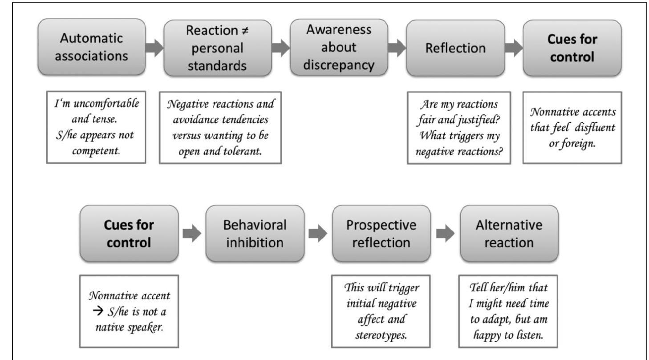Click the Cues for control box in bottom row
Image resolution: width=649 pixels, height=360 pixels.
129,234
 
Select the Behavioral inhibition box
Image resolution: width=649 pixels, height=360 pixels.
255,234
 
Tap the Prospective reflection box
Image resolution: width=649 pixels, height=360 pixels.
381,234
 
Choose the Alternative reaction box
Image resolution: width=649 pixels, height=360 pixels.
509,234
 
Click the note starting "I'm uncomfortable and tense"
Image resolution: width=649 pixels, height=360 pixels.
96,127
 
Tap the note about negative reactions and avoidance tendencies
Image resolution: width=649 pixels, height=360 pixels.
220,127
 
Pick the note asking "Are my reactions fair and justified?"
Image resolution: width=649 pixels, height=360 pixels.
458,127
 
